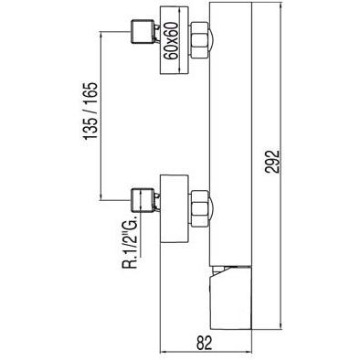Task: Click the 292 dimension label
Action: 272,161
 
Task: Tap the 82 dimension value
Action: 204,344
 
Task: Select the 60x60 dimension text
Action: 171,41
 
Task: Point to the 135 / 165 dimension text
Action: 90,111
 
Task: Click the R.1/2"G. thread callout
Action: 131,242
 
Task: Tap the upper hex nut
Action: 199,40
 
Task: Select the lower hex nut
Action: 199,208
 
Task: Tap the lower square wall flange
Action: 175,208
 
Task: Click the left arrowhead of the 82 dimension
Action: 163,353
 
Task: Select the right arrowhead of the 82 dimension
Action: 249,353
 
